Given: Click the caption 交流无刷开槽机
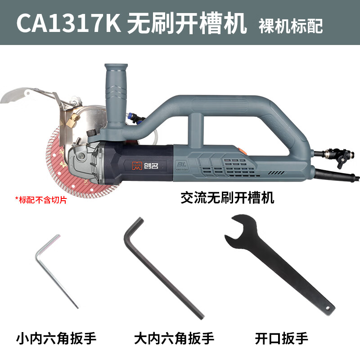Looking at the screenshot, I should (x=227, y=197).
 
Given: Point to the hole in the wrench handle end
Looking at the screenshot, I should (x=328, y=309).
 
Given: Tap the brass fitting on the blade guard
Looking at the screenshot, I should (x=72, y=120).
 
